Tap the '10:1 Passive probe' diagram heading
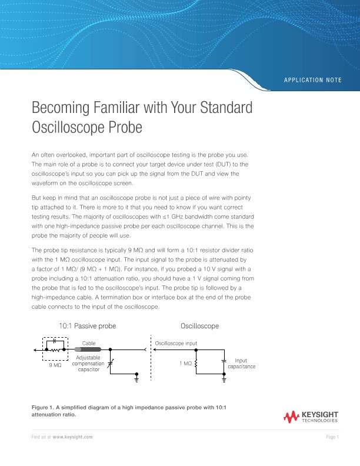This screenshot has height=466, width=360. [87, 325]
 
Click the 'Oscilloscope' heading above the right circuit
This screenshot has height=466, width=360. [199, 325]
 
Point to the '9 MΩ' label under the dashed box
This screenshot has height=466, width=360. [55, 365]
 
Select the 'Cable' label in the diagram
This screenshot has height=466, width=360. [88, 342]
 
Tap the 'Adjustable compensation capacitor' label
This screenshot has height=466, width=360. [88, 364]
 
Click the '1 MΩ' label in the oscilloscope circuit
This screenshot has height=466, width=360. [185, 364]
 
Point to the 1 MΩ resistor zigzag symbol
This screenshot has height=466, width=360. [196, 364]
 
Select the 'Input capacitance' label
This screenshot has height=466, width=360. [241, 363]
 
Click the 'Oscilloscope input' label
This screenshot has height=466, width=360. [176, 342]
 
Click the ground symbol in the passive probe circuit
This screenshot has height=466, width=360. [136, 380]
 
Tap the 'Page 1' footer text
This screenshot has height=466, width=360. [332, 438]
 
